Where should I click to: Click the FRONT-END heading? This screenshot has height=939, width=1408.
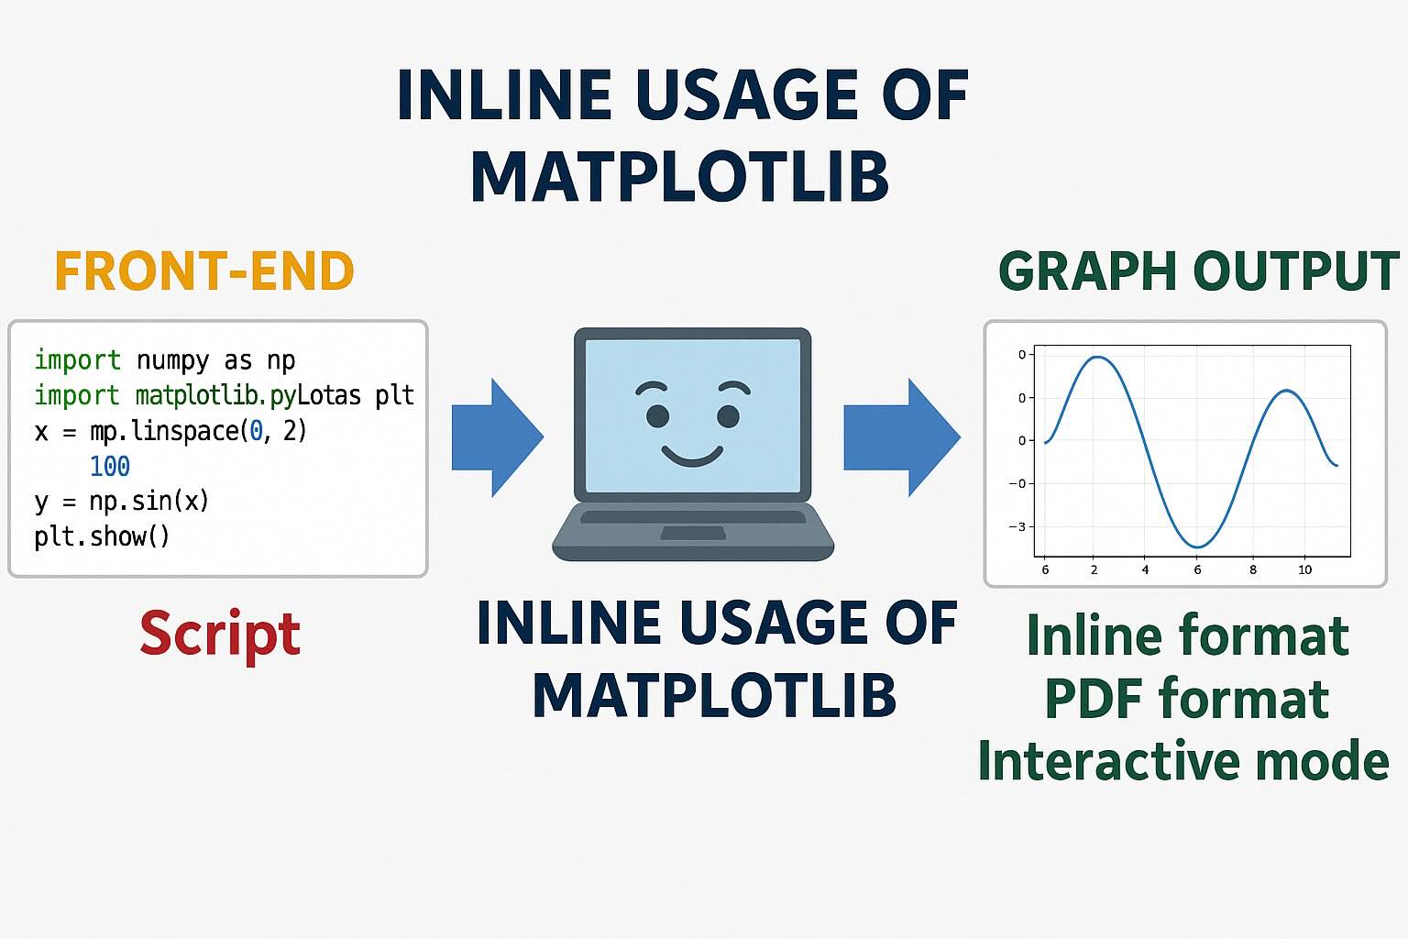click(x=204, y=271)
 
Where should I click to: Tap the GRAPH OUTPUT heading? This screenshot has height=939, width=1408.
click(x=1198, y=271)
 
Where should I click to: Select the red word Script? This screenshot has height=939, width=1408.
click(x=220, y=635)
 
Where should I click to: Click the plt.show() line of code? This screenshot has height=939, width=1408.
click(x=102, y=536)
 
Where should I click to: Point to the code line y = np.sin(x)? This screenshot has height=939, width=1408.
click(x=121, y=502)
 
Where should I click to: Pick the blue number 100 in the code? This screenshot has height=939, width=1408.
click(x=110, y=466)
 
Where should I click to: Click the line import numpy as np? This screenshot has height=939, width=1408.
click(x=165, y=360)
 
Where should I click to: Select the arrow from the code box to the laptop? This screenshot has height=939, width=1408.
click(x=498, y=437)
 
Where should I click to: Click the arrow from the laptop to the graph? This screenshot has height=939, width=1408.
click(x=902, y=437)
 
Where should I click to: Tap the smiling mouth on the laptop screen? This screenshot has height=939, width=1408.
click(x=692, y=456)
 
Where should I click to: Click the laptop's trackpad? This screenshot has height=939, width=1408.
click(x=693, y=534)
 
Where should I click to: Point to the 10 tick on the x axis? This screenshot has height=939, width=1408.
click(x=1305, y=569)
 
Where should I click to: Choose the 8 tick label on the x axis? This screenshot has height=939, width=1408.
click(x=1253, y=569)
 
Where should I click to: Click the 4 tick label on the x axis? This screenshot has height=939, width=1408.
click(x=1145, y=569)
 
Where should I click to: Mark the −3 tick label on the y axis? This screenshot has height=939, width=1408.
click(x=1017, y=526)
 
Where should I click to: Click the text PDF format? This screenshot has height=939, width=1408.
click(x=1187, y=698)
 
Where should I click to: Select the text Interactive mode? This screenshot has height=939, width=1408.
click(x=1183, y=760)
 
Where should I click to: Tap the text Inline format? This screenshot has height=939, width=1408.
click(x=1188, y=635)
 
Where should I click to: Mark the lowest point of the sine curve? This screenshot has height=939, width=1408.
click(x=1197, y=547)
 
